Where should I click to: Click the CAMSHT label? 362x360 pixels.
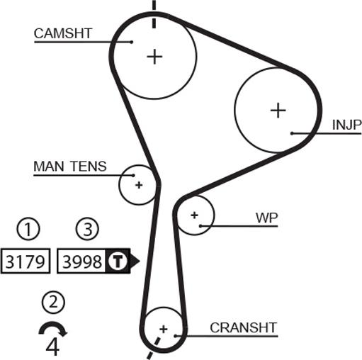(x=62, y=33)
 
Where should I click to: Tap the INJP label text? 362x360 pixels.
(x=346, y=125)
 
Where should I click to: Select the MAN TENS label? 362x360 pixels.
(x=70, y=167)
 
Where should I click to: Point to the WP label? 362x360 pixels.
(x=267, y=218)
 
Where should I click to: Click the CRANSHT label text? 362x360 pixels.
(x=243, y=327)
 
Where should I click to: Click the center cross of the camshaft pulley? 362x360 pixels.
(x=154, y=57)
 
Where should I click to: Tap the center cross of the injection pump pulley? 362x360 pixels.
(x=278, y=111)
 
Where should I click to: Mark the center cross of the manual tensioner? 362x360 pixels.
(x=139, y=185)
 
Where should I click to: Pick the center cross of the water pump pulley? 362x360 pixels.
(x=194, y=215)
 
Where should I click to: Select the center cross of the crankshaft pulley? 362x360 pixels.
(x=164, y=329)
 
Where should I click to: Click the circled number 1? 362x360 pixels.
(x=28, y=229)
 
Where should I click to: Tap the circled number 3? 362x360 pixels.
(x=87, y=229)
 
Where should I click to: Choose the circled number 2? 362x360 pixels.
(x=53, y=302)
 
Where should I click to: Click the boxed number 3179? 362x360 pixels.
(x=26, y=261)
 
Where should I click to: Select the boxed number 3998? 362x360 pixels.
(x=81, y=261)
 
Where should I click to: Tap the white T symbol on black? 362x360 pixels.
(x=117, y=261)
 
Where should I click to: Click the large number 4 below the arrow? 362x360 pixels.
(x=52, y=347)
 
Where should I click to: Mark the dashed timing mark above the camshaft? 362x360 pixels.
(x=154, y=14)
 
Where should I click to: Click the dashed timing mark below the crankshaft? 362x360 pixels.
(x=154, y=349)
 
